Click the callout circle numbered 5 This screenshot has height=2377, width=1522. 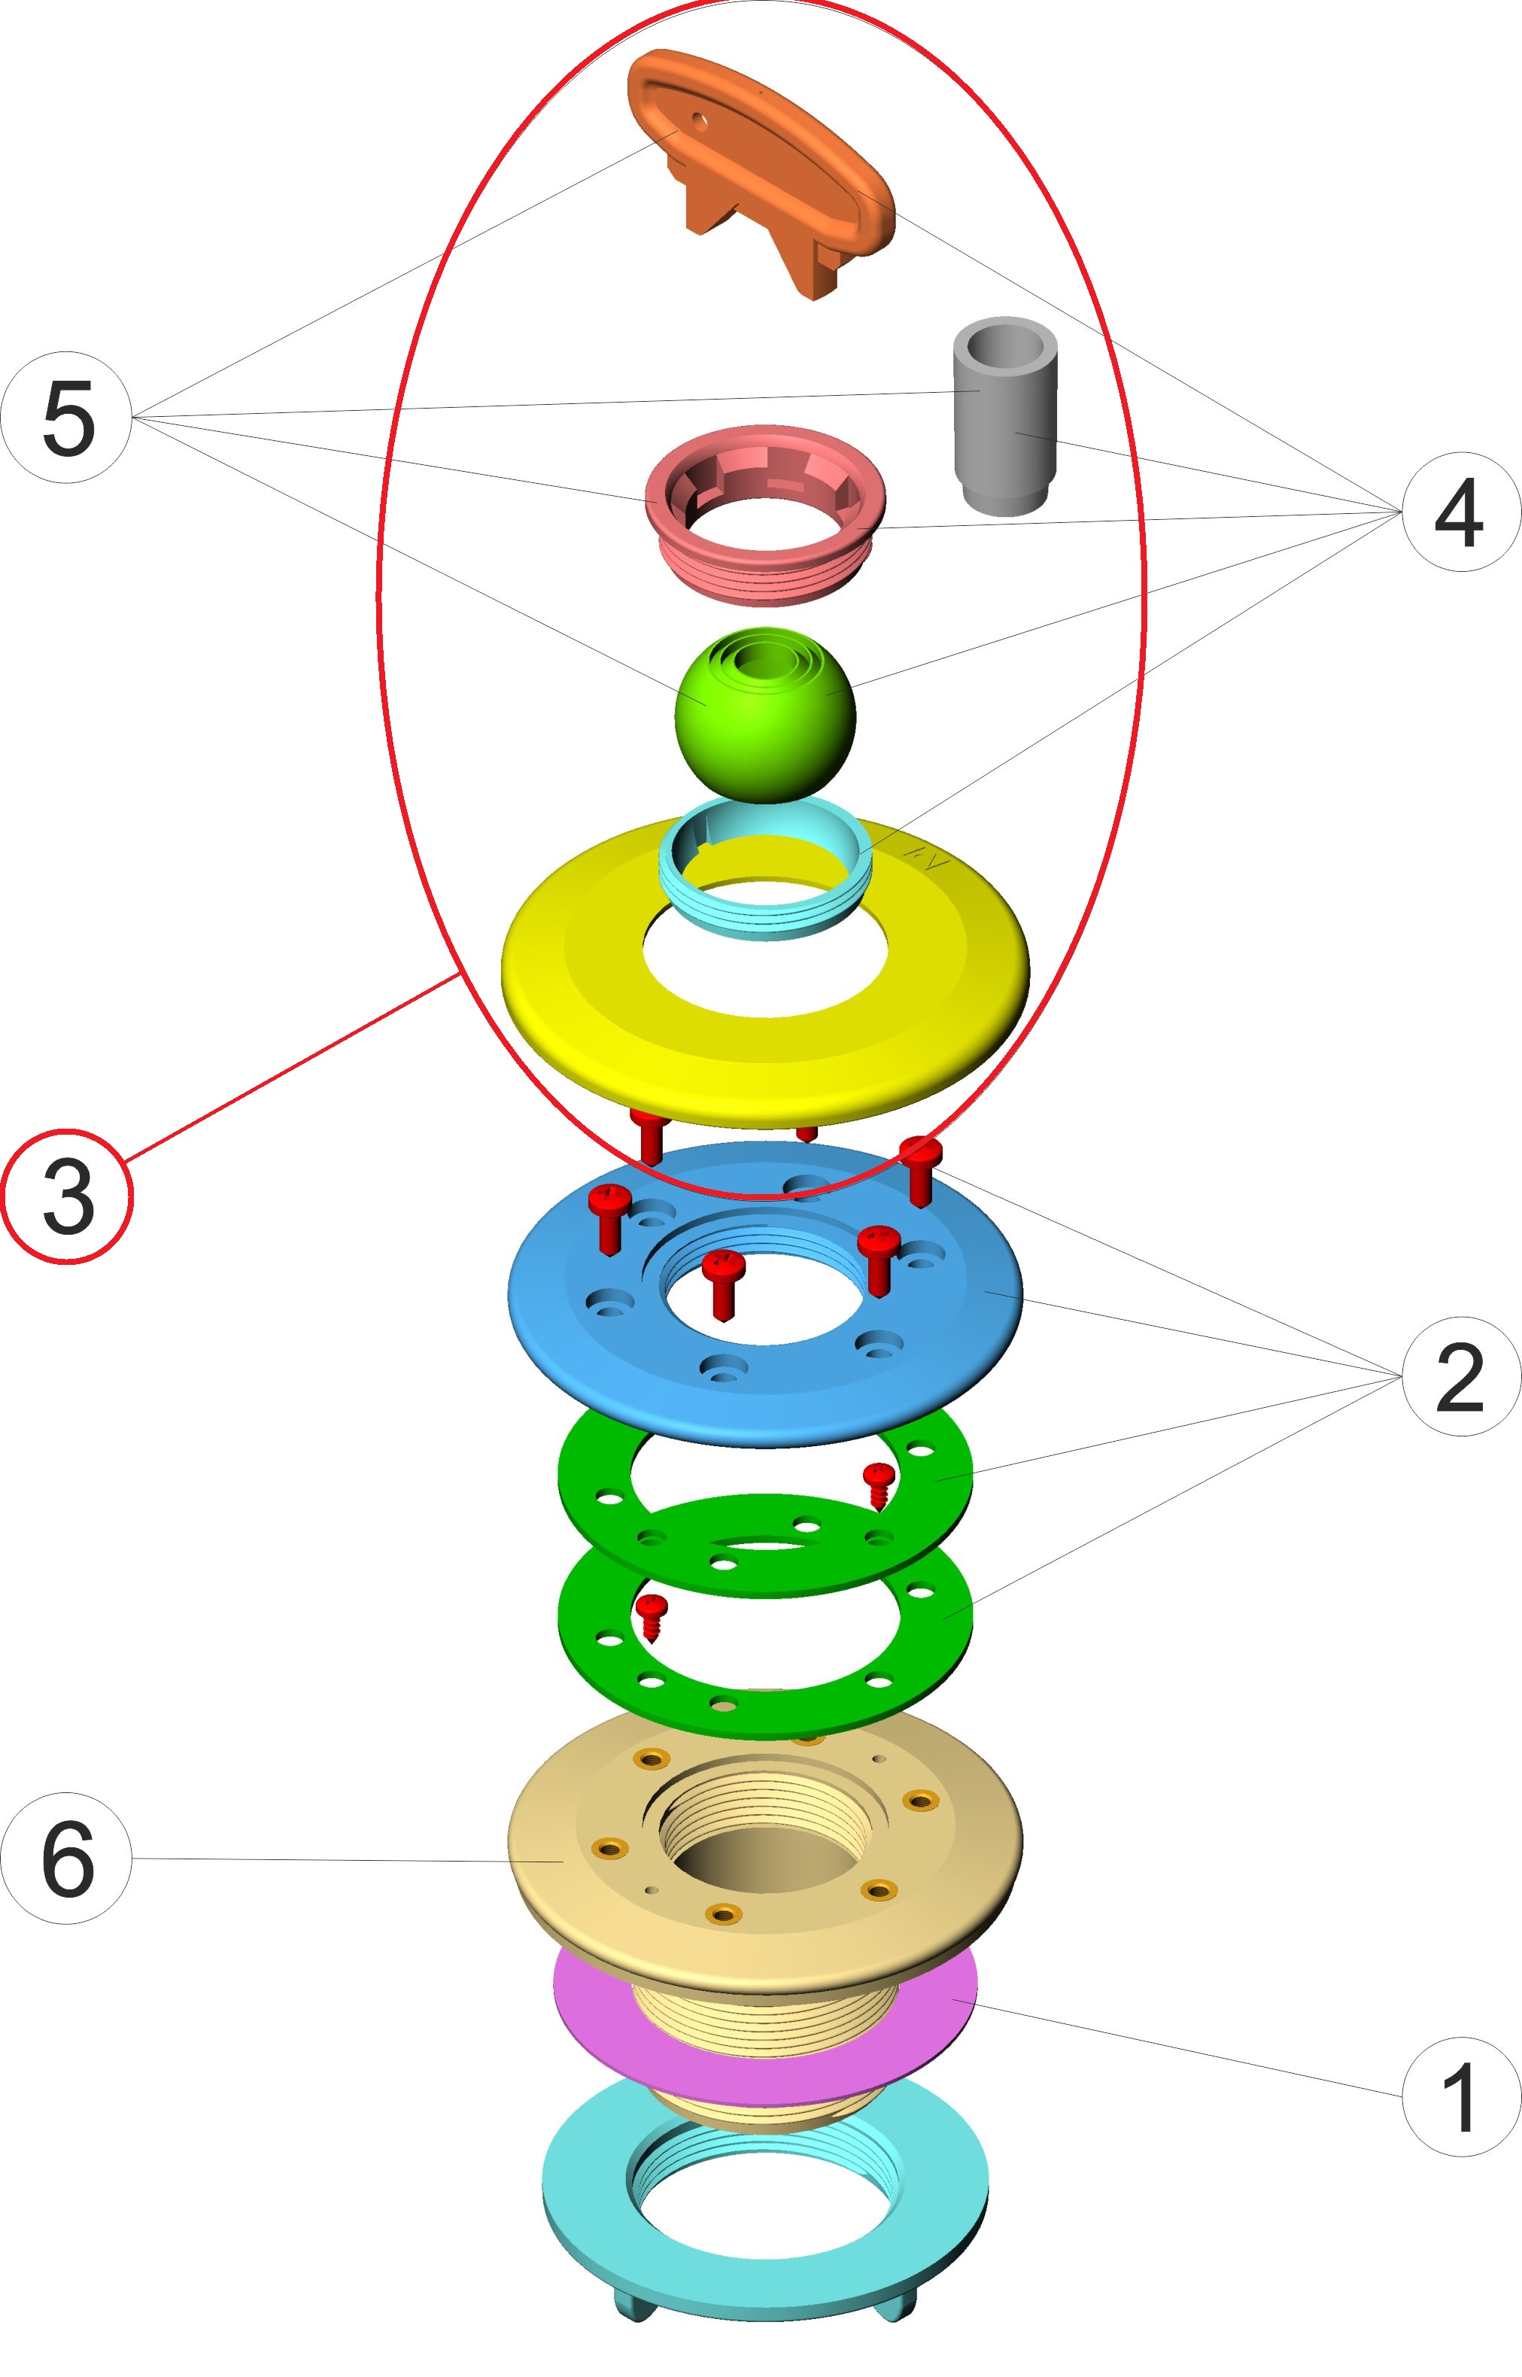tap(66, 417)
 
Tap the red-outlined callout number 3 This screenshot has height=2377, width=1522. tap(66, 1196)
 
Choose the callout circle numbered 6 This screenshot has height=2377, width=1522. tap(66, 1858)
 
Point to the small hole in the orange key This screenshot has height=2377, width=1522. tap(700, 122)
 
